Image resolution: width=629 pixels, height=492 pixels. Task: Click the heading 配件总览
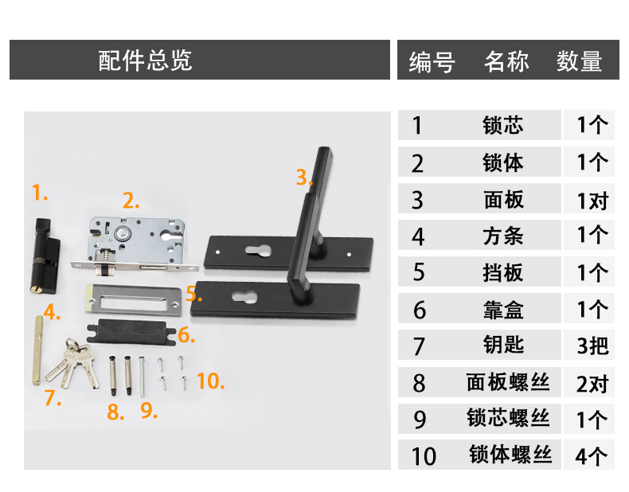[x=145, y=61]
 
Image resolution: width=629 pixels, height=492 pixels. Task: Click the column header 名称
[x=506, y=61]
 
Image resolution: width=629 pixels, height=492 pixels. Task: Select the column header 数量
[x=579, y=61]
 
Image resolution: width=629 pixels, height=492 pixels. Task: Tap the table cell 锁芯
[x=503, y=125]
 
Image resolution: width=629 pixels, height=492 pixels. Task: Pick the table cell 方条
[x=503, y=236]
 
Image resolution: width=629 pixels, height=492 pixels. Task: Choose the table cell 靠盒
[x=503, y=309]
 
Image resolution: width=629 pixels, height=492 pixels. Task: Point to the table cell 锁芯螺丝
[x=509, y=418]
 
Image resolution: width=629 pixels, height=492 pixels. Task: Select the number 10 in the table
[x=424, y=456]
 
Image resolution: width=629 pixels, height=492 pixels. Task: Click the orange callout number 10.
[x=209, y=381]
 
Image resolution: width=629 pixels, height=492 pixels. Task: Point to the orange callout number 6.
[x=185, y=334]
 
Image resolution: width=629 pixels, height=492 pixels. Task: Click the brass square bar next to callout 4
[x=37, y=350]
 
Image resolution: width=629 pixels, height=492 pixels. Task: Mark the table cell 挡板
[x=503, y=272]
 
